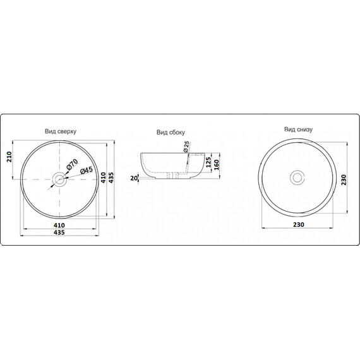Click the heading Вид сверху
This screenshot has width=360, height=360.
[61, 131]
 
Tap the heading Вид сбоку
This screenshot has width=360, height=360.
[171, 132]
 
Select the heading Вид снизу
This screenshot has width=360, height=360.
[298, 129]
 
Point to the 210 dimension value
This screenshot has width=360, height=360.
[9, 157]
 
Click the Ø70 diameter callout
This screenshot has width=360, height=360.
[73, 165]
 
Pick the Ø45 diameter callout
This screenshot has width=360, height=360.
[87, 170]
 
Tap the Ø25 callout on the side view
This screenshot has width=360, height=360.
[186, 147]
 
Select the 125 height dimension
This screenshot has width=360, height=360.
[208, 162]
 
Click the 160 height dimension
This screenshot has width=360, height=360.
[216, 165]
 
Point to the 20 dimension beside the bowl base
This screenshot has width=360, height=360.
[134, 178]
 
